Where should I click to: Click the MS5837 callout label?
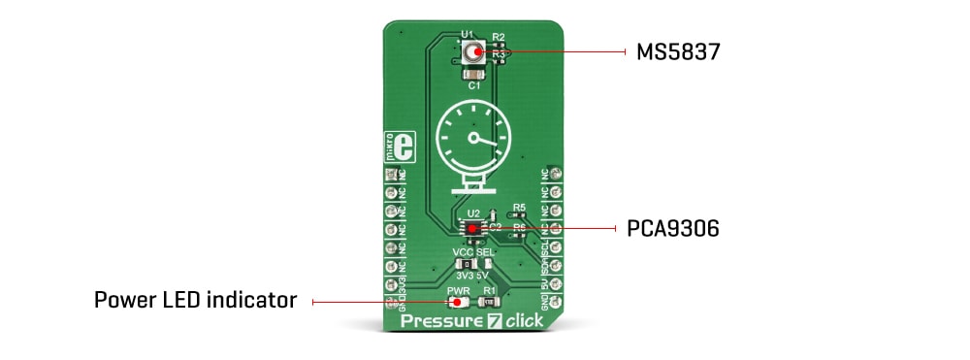pyautogui.click(x=678, y=51)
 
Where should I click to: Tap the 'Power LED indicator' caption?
pyautogui.click(x=195, y=301)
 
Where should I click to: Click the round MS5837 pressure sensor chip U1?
pyautogui.click(x=474, y=52)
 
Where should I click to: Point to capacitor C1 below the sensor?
pyautogui.click(x=474, y=76)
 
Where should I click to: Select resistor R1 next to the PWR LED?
pyautogui.click(x=490, y=302)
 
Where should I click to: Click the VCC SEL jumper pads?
pyautogui.click(x=474, y=263)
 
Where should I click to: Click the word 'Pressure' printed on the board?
pyautogui.click(x=444, y=321)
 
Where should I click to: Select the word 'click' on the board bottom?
pyautogui.click(x=524, y=321)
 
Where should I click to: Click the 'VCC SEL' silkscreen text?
pyautogui.click(x=474, y=250)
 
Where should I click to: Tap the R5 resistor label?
pyautogui.click(x=519, y=208)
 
